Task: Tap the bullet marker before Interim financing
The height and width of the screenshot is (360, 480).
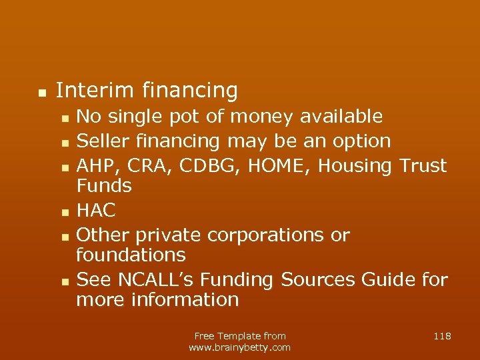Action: pyautogui.click(x=41, y=92)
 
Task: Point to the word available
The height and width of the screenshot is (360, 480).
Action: pyautogui.click(x=341, y=117)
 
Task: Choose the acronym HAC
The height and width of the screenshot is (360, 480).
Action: pyautogui.click(x=96, y=211)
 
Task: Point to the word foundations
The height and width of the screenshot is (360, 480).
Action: pyautogui.click(x=131, y=255)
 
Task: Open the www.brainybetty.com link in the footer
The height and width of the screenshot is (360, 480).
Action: pyautogui.click(x=239, y=347)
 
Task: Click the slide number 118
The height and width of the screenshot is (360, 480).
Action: pyautogui.click(x=442, y=336)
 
